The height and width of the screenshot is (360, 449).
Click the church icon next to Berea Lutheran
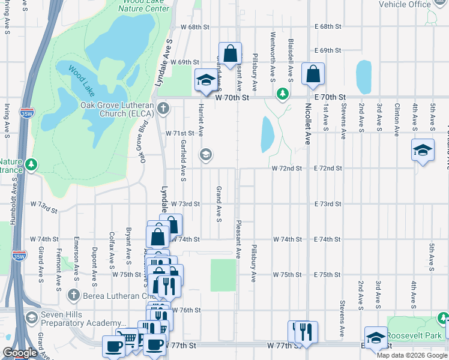click(73, 295)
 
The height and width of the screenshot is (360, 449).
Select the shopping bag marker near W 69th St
click(230, 54)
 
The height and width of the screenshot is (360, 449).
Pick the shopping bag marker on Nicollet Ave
click(313, 74)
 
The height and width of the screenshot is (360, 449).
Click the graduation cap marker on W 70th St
click(206, 80)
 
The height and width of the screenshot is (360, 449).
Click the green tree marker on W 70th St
click(283, 94)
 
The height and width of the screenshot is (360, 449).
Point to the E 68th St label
click(328, 27)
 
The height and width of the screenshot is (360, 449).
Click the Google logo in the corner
click(20, 353)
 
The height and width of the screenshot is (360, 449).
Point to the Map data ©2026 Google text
click(412, 355)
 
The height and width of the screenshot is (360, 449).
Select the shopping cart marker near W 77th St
click(127, 338)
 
